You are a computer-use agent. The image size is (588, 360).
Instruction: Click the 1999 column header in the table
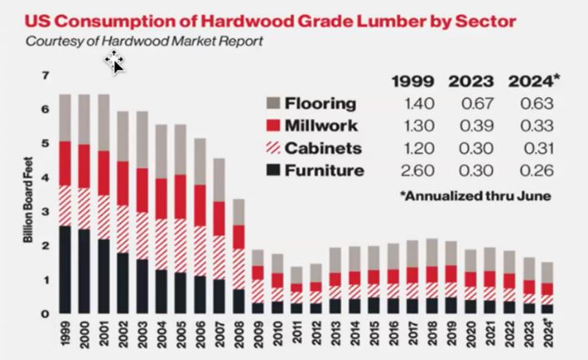412,81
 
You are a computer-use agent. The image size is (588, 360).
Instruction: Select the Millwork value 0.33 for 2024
533,127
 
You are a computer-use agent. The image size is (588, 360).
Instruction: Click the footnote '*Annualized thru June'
473,197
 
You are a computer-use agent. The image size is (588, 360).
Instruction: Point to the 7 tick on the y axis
47,76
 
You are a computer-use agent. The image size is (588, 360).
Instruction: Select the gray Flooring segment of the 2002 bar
123,135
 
